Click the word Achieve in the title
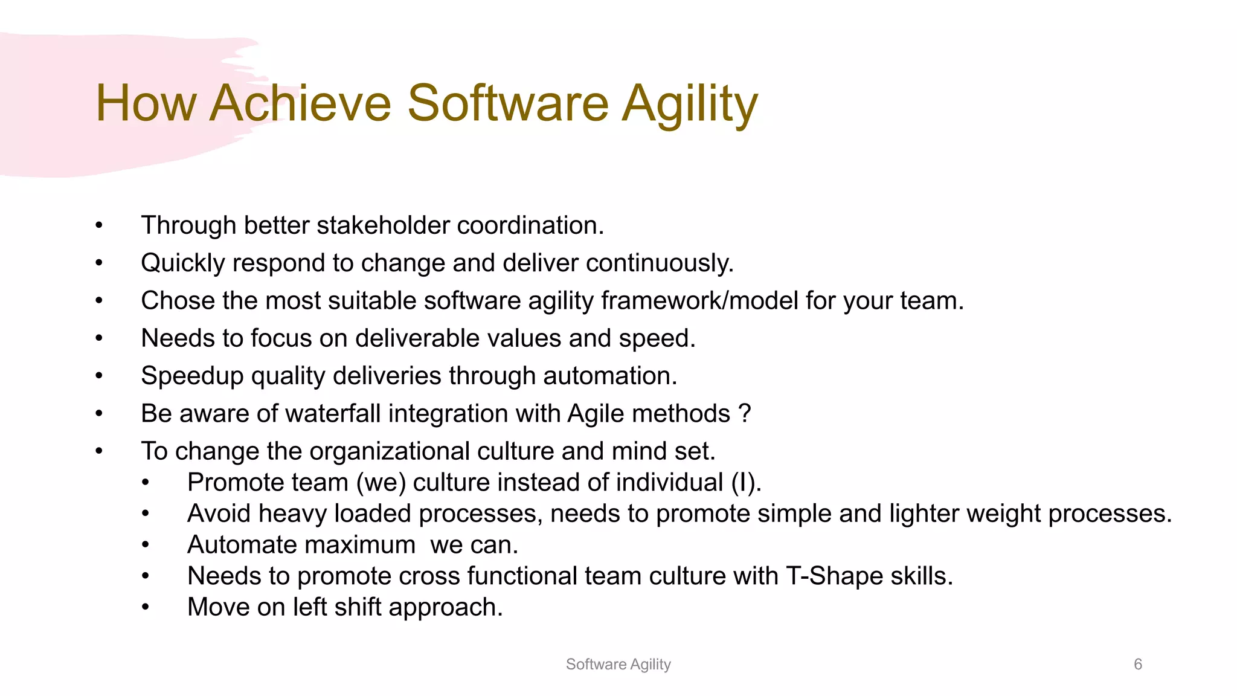pyautogui.click(x=300, y=103)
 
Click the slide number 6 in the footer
pyautogui.click(x=1138, y=664)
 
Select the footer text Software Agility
pyautogui.click(x=618, y=664)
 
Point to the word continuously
pyautogui.click(x=660, y=263)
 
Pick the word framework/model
pyautogui.click(x=699, y=301)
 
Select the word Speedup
pyautogui.click(x=192, y=376)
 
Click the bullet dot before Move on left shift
pyautogui.click(x=145, y=608)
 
